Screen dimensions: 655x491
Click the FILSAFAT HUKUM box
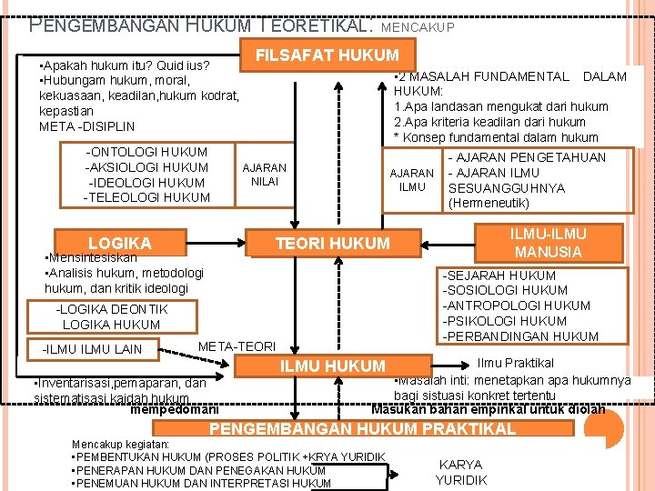[x=327, y=55]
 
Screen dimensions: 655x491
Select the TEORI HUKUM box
[x=332, y=243]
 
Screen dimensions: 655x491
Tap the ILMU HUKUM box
[x=332, y=366]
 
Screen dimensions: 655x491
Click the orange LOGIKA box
[x=119, y=243]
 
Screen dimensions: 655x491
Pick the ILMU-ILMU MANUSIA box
[x=548, y=243]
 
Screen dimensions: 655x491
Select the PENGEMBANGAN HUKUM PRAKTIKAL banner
[x=363, y=428]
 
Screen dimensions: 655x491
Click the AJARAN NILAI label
[x=264, y=175]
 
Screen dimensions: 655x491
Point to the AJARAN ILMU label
[x=411, y=180]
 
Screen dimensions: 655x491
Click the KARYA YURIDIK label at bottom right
[x=461, y=472]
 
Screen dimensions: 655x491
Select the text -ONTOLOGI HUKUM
[x=146, y=152]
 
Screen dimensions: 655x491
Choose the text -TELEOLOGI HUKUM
[x=146, y=197]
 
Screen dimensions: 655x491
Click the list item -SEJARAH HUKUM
[x=499, y=276]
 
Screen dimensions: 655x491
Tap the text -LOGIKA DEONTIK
[x=111, y=309]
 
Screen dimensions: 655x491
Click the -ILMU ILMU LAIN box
[x=93, y=349]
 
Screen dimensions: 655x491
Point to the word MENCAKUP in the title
[x=418, y=28]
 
